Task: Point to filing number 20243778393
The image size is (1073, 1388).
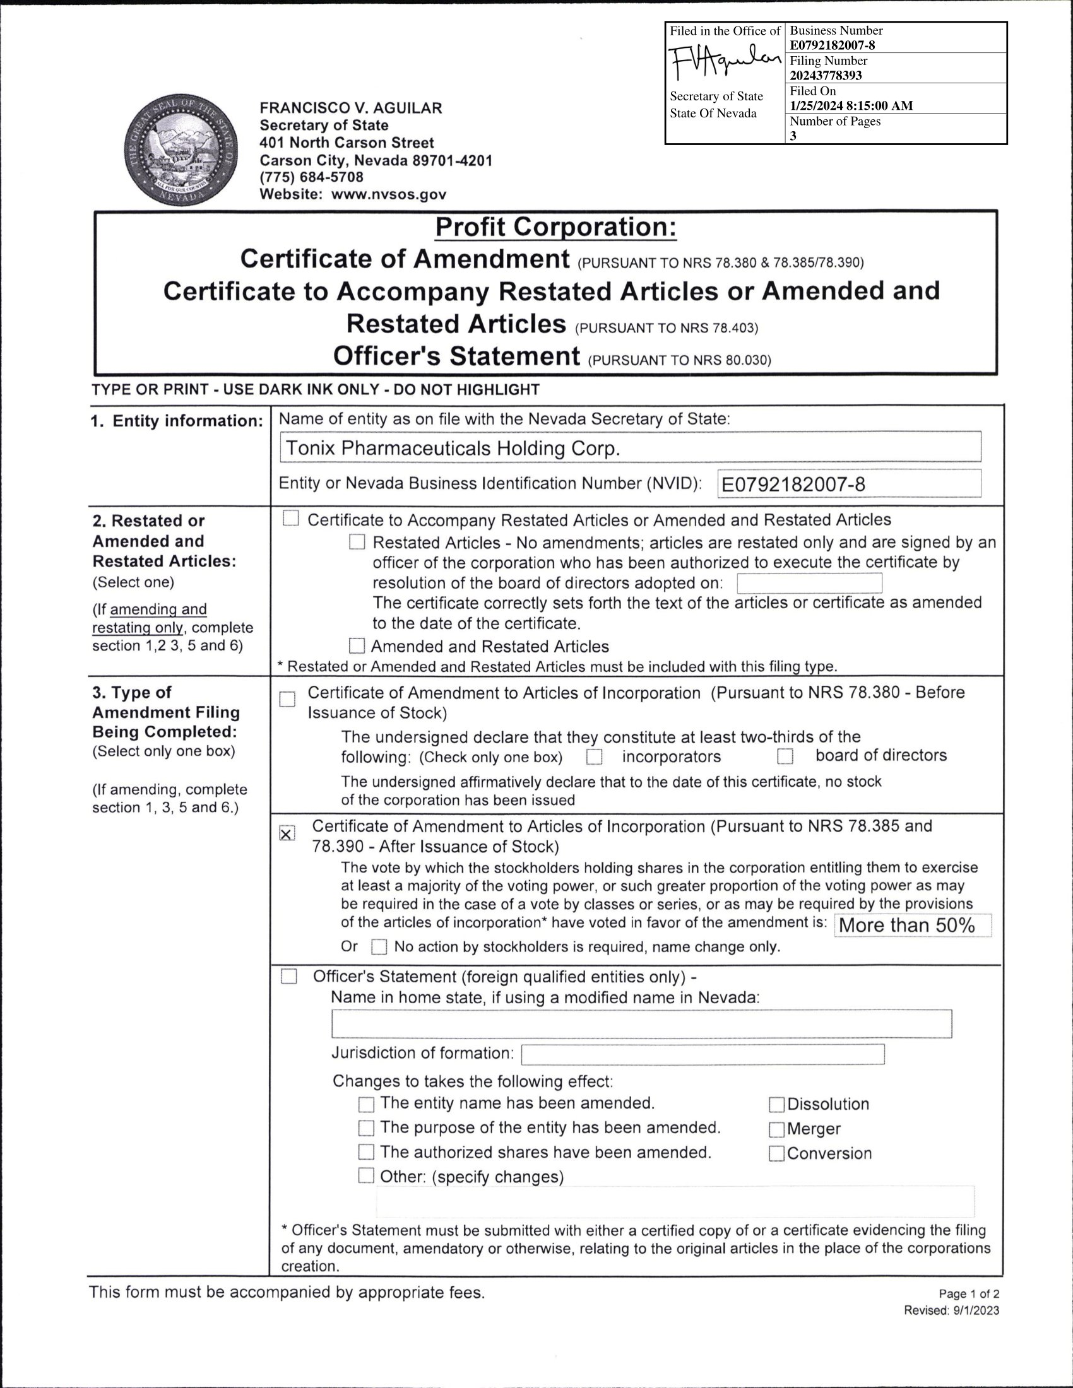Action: point(826,76)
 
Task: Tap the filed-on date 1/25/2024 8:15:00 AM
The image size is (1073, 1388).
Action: point(851,105)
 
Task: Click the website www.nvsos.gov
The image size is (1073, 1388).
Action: point(389,194)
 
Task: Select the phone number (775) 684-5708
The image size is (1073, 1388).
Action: point(311,177)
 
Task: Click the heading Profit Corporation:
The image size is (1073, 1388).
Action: point(555,228)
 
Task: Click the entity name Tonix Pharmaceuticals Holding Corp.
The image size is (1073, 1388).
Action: point(453,449)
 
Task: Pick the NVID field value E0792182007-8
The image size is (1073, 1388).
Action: point(793,485)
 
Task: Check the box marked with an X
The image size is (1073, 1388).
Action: point(287,834)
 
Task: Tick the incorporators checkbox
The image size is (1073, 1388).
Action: point(595,757)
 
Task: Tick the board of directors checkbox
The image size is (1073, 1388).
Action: point(786,756)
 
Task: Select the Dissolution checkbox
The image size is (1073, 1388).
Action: point(777,1105)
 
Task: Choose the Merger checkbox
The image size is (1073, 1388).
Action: point(777,1129)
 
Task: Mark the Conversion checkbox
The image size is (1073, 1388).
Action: point(777,1153)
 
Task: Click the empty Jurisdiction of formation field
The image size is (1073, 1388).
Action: point(702,1054)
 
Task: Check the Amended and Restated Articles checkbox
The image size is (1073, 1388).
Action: point(357,646)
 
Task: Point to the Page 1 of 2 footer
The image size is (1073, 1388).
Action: point(969,1294)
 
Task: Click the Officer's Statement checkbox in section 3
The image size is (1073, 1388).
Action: point(289,976)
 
